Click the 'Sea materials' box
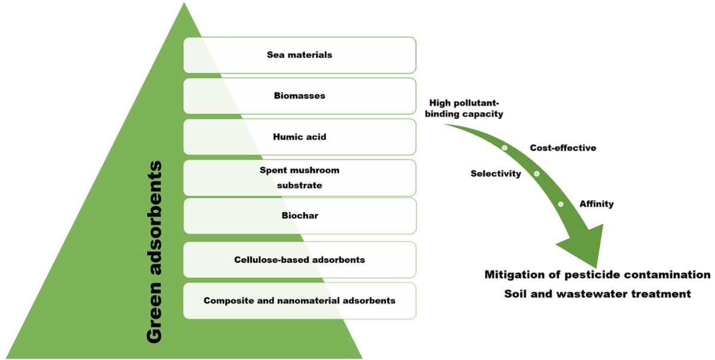(299, 55)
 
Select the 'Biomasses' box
(299, 95)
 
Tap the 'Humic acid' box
(299, 136)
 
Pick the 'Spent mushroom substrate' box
(299, 178)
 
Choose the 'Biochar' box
(299, 216)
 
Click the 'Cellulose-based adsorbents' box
(299, 260)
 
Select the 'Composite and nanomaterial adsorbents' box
(299, 300)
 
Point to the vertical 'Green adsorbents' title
(154, 251)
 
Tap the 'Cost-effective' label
(562, 147)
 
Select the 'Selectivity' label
(495, 173)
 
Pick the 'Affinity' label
(596, 204)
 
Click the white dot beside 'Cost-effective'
(505, 147)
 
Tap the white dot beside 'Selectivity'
(536, 173)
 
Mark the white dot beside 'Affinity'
(561, 204)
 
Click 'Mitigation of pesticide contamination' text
(597, 275)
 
